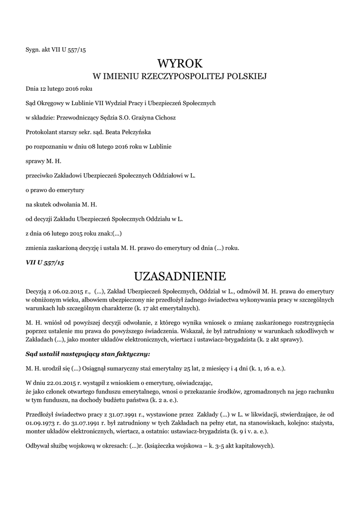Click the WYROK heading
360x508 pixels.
[180, 63]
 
